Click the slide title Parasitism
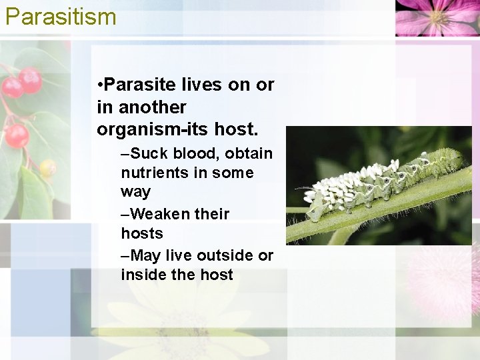point(61,16)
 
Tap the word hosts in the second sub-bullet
point(142,233)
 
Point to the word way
point(136,193)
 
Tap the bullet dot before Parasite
point(99,85)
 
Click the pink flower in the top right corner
point(437,16)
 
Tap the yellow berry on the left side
point(47,167)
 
